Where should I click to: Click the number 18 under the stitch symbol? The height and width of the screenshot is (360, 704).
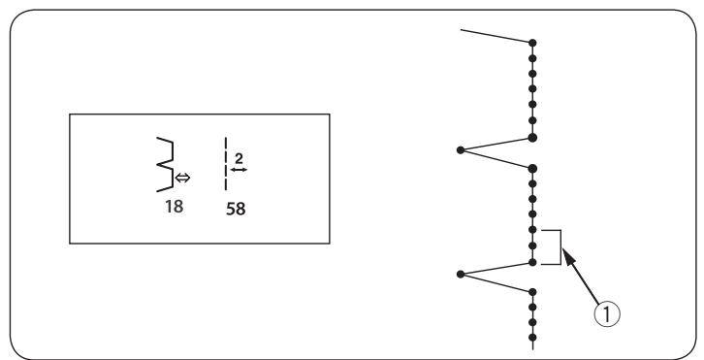174,207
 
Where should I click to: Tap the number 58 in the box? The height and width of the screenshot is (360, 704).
236,209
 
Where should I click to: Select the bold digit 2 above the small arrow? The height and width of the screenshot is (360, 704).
239,158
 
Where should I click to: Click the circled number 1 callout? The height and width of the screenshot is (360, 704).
607,313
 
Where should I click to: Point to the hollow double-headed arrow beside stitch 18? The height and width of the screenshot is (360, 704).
182,178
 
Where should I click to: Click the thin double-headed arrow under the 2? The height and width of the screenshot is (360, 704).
239,170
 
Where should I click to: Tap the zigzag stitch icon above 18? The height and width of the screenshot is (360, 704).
165,165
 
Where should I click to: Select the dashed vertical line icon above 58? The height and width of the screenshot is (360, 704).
226,164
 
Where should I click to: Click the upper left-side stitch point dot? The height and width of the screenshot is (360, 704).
461,150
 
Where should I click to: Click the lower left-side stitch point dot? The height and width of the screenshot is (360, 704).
461,275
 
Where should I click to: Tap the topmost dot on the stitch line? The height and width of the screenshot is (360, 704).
532,43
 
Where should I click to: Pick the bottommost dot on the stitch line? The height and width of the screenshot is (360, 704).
532,337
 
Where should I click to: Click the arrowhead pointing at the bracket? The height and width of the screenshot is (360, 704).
567,256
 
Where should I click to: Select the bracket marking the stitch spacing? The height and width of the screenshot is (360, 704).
560,247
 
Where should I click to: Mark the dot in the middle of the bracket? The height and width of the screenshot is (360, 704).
532,245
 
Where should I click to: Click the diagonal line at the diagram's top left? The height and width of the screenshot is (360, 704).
496,36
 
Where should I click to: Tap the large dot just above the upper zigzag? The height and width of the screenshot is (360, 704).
532,138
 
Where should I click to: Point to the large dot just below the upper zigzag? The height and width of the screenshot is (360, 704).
532,169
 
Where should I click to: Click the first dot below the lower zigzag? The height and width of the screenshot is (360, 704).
532,292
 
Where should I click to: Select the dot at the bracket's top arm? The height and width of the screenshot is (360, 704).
532,230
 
